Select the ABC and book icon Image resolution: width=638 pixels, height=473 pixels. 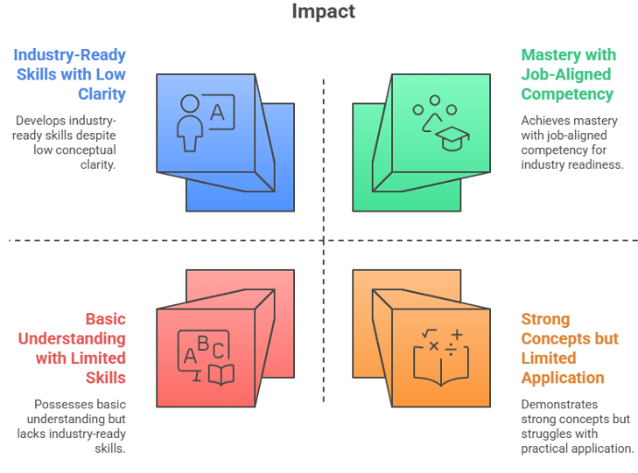pyautogui.click(x=206, y=358)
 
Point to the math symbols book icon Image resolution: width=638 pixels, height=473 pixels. pyautogui.click(x=438, y=356)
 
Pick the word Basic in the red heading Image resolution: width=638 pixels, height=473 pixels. pyautogui.click(x=104, y=320)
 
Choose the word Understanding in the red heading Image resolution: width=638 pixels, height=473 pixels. pyautogui.click(x=72, y=339)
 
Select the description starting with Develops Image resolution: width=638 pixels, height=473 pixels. pyautogui.click(x=67, y=142)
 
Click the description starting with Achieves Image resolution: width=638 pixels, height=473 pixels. pyautogui.click(x=571, y=142)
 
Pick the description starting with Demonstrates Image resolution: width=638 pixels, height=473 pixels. pyautogui.click(x=576, y=426)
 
